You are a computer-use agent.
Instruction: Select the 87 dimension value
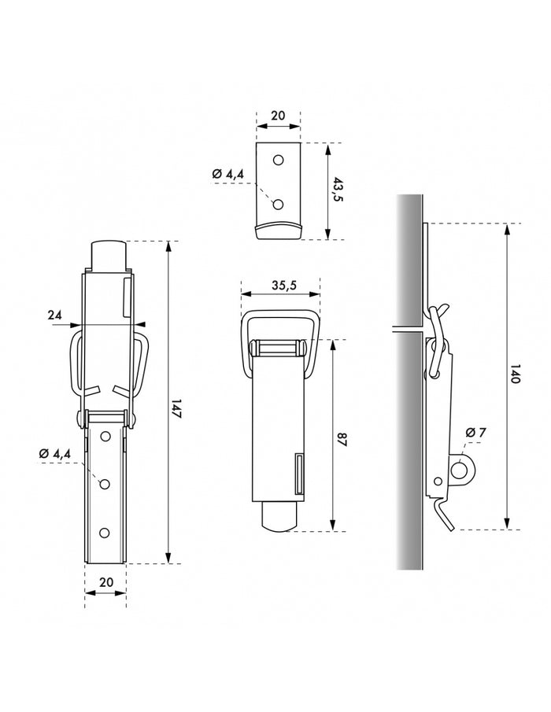click(342, 440)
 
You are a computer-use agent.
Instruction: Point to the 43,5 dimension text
click(338, 190)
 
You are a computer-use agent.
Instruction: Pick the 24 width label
click(54, 315)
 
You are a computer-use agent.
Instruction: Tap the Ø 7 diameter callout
click(475, 433)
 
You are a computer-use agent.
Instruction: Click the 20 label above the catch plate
click(278, 116)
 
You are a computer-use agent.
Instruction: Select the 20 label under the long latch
click(105, 582)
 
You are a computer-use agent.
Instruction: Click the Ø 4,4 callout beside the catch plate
click(228, 173)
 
